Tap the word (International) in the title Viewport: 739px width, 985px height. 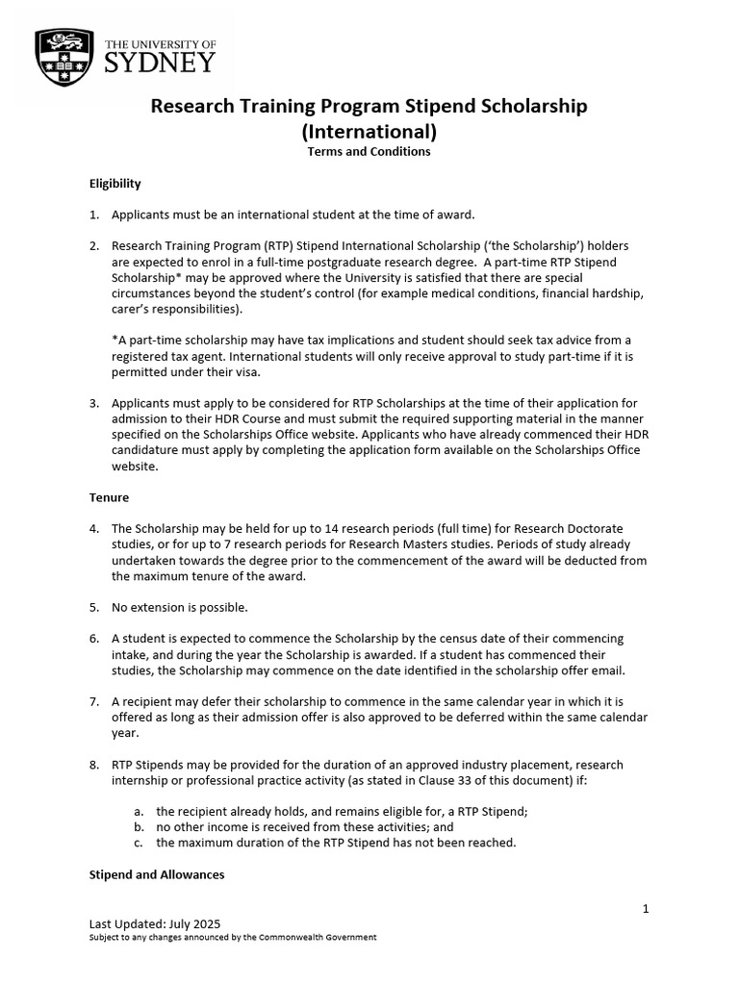coord(369,130)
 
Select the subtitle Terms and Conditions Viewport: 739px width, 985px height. coord(369,152)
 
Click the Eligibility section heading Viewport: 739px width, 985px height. coord(115,183)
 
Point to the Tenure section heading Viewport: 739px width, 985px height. coord(109,497)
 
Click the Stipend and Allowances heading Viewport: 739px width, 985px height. coord(156,874)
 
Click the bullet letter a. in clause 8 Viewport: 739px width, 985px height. coord(140,811)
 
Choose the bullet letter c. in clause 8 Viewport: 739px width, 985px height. coord(140,843)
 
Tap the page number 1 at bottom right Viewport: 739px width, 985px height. coord(646,908)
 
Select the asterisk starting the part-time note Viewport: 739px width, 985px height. coord(115,341)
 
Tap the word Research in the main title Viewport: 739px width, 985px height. coord(192,107)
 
